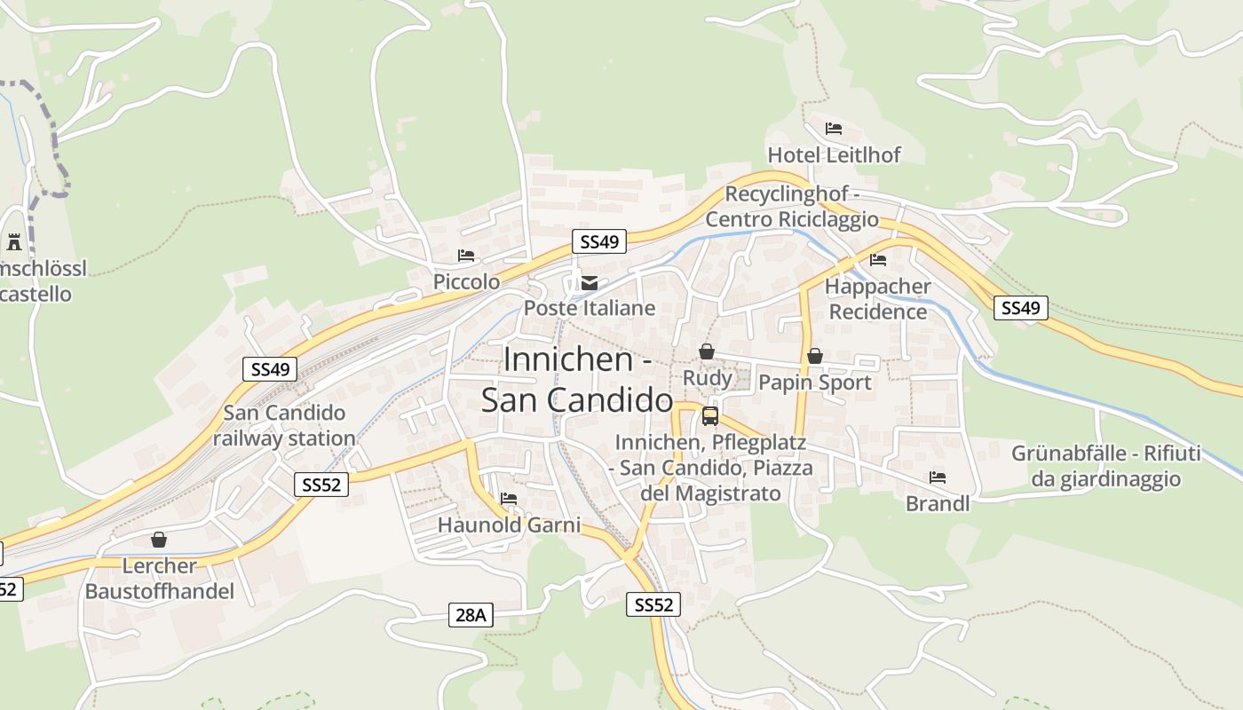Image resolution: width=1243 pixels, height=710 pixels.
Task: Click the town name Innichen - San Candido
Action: click(x=578, y=380)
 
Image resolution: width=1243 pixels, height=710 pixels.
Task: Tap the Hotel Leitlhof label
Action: click(x=834, y=155)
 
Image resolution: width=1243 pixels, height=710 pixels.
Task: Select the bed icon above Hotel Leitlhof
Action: click(x=833, y=129)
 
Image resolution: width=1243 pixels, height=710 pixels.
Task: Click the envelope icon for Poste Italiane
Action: click(x=589, y=283)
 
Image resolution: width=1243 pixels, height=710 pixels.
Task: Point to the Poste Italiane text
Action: click(x=590, y=308)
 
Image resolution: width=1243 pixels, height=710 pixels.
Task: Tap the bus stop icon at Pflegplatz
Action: click(x=709, y=415)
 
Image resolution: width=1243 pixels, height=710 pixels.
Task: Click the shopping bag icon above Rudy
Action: click(x=707, y=352)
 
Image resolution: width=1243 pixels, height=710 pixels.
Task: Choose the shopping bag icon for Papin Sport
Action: click(x=814, y=357)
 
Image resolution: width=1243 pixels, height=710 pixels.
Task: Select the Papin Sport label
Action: click(x=814, y=383)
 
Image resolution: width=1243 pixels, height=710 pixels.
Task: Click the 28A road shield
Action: click(x=471, y=614)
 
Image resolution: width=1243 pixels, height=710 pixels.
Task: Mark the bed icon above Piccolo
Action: click(x=466, y=256)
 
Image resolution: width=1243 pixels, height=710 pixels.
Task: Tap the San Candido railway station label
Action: click(x=284, y=425)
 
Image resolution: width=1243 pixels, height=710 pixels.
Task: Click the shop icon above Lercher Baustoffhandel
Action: click(x=159, y=540)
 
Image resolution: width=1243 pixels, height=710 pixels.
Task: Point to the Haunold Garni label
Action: click(x=509, y=525)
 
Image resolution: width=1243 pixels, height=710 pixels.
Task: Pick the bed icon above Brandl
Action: click(x=938, y=477)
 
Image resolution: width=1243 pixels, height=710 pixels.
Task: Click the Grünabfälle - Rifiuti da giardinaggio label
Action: click(x=1105, y=466)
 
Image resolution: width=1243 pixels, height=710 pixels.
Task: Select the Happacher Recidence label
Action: click(x=877, y=299)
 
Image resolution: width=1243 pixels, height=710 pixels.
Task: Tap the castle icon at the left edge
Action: click(x=13, y=241)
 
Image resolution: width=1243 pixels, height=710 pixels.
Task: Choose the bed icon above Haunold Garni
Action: click(x=509, y=499)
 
